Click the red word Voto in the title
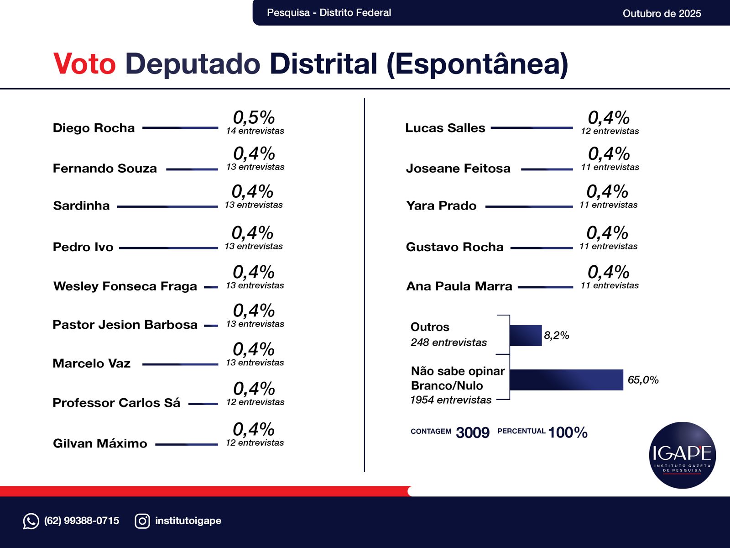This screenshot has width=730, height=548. coord(84,63)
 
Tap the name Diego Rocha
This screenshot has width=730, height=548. coord(94,128)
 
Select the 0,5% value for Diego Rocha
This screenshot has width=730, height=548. coord(254,117)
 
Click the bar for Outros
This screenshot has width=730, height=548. coord(525,335)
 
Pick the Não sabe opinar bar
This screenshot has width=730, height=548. coord(566,380)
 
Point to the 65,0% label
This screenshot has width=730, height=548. coord(643,380)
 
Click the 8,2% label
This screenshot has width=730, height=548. coord(556,336)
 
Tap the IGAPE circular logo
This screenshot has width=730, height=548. coord(682,455)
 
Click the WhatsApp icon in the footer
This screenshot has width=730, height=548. coord(31,521)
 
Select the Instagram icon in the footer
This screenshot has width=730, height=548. coord(142,521)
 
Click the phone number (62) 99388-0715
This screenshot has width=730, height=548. coord(82,521)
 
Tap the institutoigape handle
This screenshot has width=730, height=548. coord(188,521)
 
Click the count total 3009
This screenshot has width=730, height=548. coord(472,432)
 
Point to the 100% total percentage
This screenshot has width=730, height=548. coord(568,432)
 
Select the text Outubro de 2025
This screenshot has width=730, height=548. coord(662,13)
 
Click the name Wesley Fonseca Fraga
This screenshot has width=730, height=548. coord(125,286)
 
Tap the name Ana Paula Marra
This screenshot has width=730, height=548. coord(459,286)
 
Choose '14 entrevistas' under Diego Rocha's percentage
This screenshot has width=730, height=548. coord(255,131)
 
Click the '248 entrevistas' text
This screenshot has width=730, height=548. coord(448,342)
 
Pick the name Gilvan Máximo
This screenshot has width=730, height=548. coord(100,443)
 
